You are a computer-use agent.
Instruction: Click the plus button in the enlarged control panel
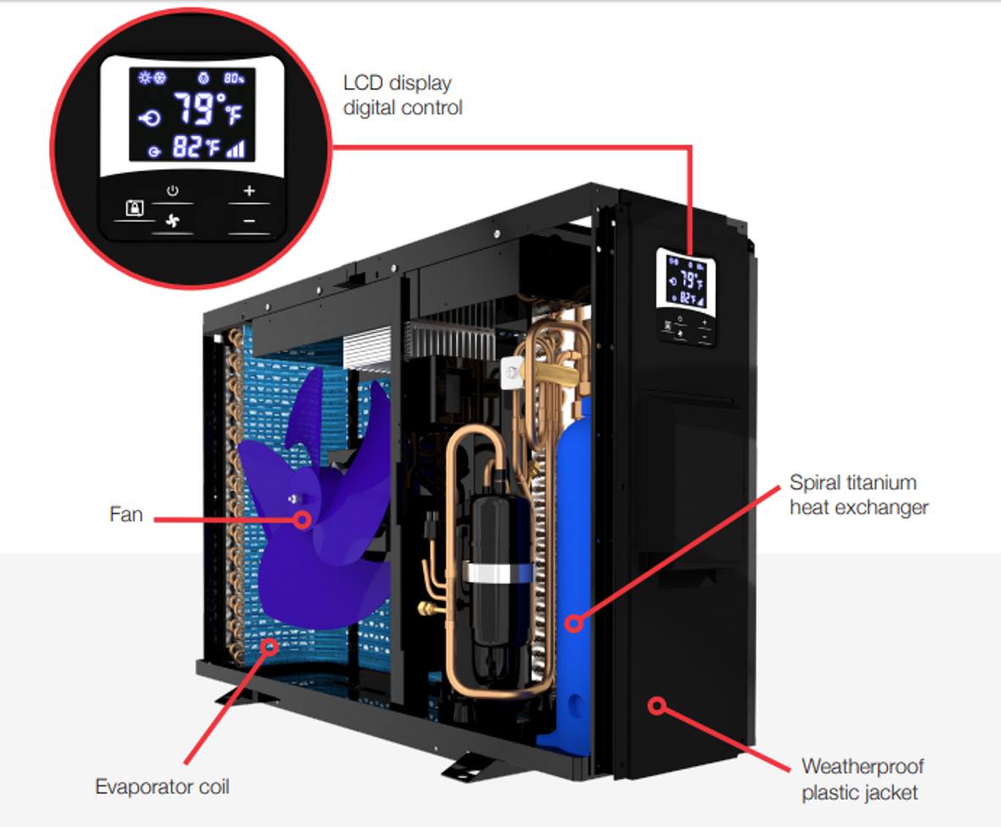(x=248, y=191)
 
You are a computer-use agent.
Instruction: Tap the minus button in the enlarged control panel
(x=248, y=221)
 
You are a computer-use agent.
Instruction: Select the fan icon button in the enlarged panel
(x=173, y=221)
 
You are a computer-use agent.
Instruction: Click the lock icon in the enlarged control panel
(x=135, y=207)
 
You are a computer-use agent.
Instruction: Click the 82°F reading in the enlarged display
(x=195, y=148)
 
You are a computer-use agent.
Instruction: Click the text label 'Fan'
(x=126, y=514)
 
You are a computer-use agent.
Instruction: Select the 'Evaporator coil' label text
(x=162, y=786)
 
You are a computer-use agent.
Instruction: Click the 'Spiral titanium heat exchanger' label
(x=859, y=494)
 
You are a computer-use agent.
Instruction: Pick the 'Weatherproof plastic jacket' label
(x=862, y=779)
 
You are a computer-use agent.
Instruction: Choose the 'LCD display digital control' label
(x=402, y=95)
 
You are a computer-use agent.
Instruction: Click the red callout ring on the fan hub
(x=301, y=519)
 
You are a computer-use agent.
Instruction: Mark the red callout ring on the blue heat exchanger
(x=574, y=624)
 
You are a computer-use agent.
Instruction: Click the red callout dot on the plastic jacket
(x=658, y=705)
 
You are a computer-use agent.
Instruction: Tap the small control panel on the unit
(x=686, y=298)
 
